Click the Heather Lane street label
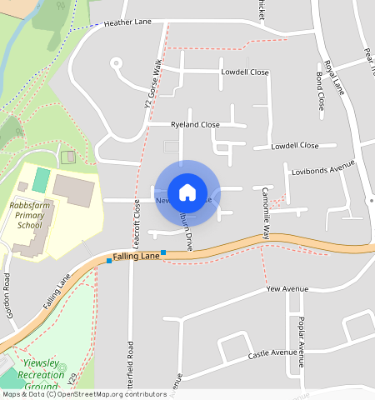coord(127,23)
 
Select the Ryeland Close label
coord(195,125)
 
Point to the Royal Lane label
coord(335,77)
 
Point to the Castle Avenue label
coord(272,355)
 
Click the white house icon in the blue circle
coord(187,192)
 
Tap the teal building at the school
coord(41,179)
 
